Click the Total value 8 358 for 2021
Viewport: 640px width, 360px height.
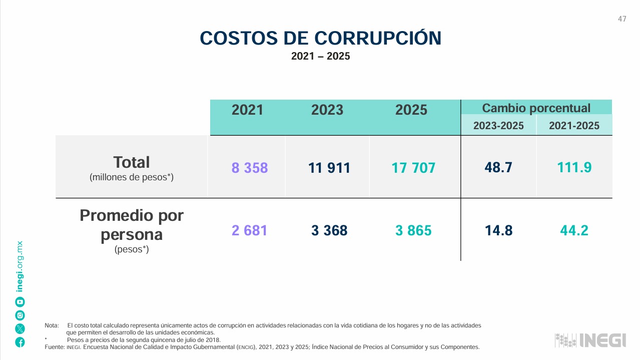pyautogui.click(x=249, y=168)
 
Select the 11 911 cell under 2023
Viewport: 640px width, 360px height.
pyautogui.click(x=329, y=168)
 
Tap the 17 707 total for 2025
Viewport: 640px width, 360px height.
pyautogui.click(x=413, y=168)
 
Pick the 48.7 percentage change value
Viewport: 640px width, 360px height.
pyautogui.click(x=498, y=167)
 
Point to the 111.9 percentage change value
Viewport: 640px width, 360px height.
pyautogui.click(x=574, y=167)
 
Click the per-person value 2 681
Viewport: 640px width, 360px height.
pyautogui.click(x=249, y=230)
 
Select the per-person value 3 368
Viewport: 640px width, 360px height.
pyautogui.click(x=329, y=230)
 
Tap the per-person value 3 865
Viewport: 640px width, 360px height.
pyautogui.click(x=413, y=230)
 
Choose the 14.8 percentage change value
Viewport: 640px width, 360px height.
pyautogui.click(x=498, y=230)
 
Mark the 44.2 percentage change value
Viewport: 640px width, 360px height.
pyautogui.click(x=574, y=230)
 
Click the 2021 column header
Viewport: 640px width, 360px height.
pyautogui.click(x=247, y=110)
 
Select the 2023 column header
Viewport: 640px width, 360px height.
pyautogui.click(x=327, y=110)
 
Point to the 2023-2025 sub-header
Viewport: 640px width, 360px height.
pyautogui.click(x=498, y=126)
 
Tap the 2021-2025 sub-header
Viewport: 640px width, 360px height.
pyautogui.click(x=574, y=126)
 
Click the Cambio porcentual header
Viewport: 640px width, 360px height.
pyautogui.click(x=536, y=108)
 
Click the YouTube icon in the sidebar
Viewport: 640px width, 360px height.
pyautogui.click(x=20, y=302)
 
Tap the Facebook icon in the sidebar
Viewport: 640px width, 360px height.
pyautogui.click(x=20, y=342)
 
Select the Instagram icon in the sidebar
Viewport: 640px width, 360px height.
pyautogui.click(x=20, y=315)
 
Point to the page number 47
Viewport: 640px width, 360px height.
pyautogui.click(x=622, y=19)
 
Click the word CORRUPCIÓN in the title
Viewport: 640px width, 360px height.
pyautogui.click(x=378, y=38)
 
